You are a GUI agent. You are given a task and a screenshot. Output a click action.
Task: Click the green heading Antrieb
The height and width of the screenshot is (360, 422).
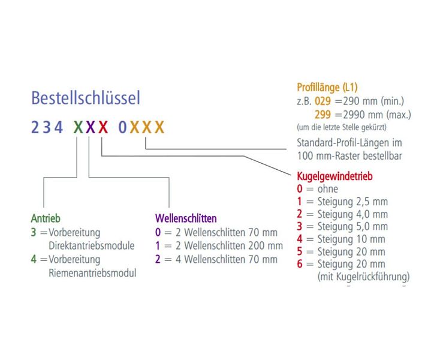click(x=46, y=218)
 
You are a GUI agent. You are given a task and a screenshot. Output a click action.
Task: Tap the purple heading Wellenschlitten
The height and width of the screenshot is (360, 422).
click(x=186, y=218)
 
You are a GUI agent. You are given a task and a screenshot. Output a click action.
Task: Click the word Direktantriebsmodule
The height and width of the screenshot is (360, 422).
click(x=91, y=245)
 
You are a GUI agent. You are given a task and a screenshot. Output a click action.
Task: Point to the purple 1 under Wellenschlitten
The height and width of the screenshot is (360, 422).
click(x=158, y=245)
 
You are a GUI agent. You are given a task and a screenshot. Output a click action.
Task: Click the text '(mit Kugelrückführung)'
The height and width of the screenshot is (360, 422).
click(x=363, y=277)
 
